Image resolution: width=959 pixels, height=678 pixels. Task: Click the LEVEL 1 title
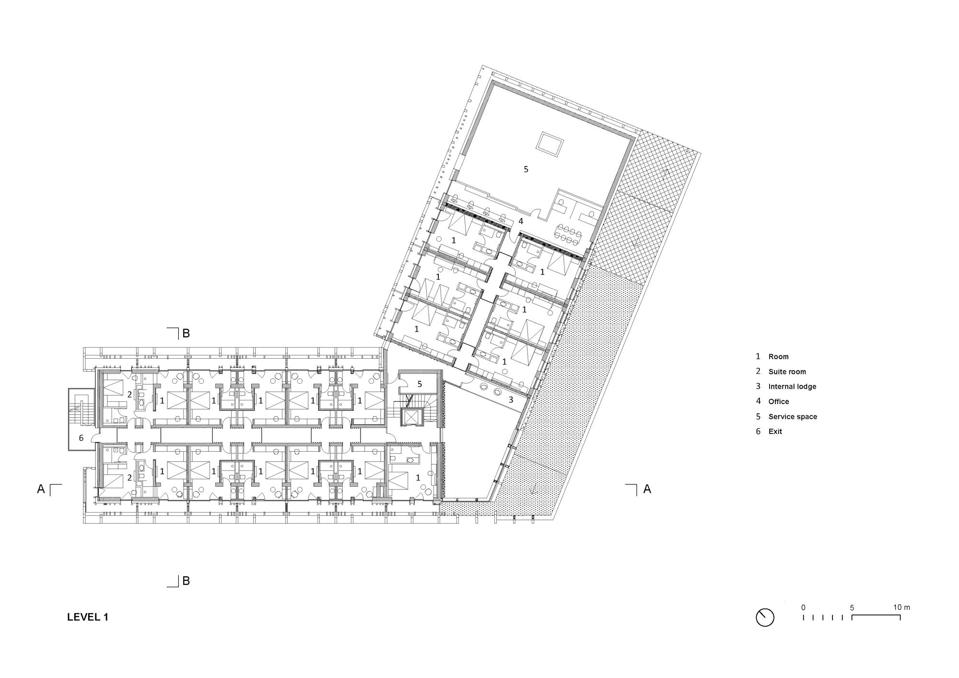pos(88,617)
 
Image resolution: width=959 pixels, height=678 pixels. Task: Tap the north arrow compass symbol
pos(765,617)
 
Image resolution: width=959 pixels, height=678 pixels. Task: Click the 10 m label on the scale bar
pos(901,608)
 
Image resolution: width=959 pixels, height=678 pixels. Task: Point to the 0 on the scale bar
pos(803,608)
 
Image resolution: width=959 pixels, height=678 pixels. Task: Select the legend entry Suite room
pos(787,372)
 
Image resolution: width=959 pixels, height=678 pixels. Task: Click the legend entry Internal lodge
pos(792,386)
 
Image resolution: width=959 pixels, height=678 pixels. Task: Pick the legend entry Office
pos(778,401)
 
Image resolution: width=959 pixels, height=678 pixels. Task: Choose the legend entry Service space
pos(792,417)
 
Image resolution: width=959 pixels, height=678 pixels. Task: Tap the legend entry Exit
pos(775,432)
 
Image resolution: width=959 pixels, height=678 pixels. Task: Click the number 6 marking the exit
pos(81,438)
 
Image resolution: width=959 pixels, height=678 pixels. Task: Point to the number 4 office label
pos(521,222)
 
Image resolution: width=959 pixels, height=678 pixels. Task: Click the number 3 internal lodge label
pos(511,399)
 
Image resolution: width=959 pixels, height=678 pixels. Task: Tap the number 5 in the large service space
pos(526,169)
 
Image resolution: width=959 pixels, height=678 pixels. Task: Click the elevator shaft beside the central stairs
pos(412,417)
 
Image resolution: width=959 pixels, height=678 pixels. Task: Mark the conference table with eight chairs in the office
pos(569,234)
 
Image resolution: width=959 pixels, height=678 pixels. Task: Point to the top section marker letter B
pos(186,333)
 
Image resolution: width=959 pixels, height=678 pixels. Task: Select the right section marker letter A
pos(647,489)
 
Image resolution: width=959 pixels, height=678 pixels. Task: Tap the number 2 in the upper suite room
pos(129,395)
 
